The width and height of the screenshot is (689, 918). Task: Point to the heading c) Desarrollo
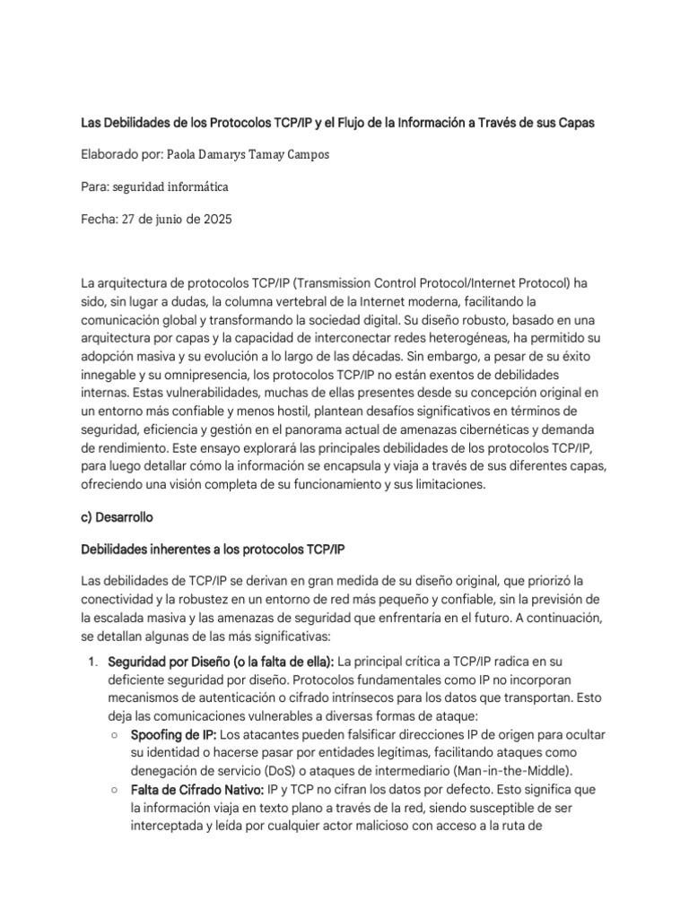coord(118,517)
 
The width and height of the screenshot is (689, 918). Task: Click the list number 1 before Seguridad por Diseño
coord(91,662)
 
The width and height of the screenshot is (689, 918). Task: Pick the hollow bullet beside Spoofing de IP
coord(115,735)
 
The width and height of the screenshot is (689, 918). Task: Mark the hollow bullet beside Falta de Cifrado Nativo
coord(115,789)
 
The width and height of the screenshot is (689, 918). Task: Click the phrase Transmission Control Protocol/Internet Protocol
coord(427,283)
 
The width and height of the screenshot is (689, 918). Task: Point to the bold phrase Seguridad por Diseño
coord(165,662)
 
